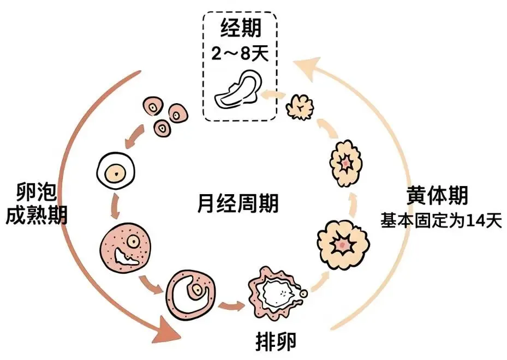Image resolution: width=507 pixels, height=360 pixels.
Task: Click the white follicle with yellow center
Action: pyautogui.click(x=115, y=173)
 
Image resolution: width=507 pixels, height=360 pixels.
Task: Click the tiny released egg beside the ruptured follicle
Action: pyautogui.click(x=304, y=295)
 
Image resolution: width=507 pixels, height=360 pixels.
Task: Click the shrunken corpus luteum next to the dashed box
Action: pyautogui.click(x=301, y=106)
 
